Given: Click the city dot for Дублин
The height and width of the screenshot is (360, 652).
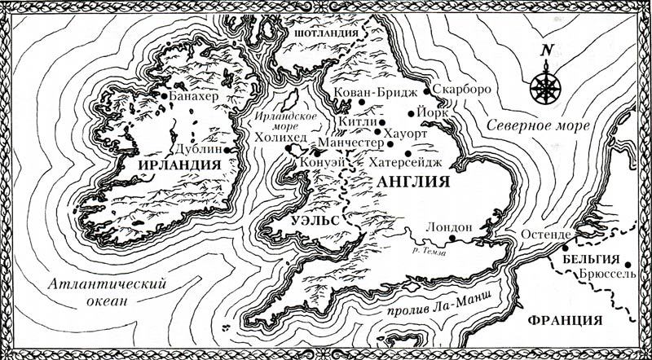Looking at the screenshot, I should click(x=236, y=150).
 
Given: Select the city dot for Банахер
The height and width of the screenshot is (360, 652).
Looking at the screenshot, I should click(x=165, y=97).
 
